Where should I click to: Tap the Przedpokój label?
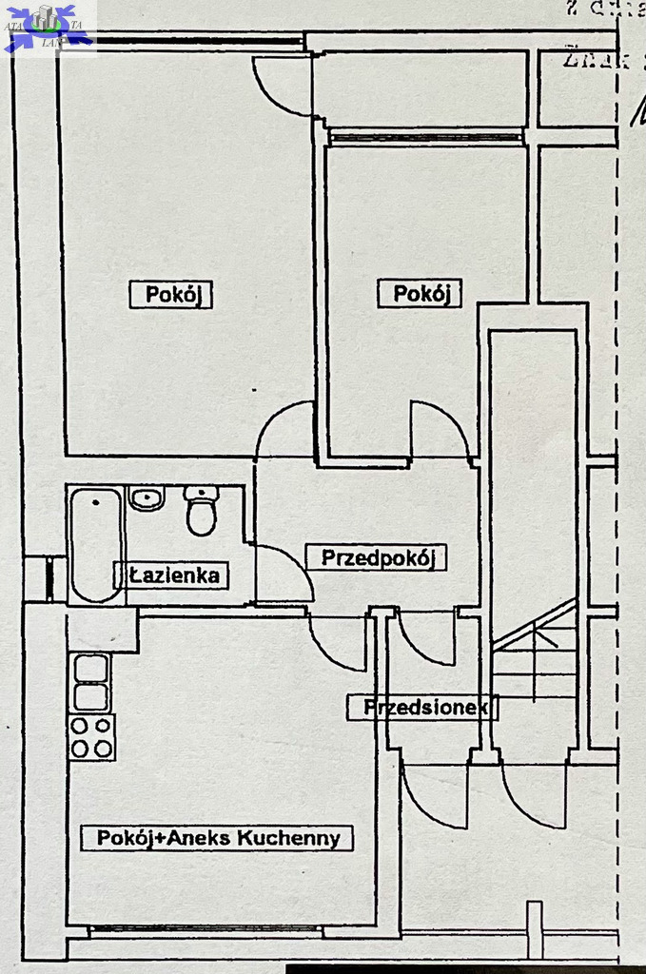[377, 557]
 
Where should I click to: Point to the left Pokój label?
[171, 295]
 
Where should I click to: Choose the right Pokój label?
[420, 294]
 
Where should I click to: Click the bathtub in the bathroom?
[95, 544]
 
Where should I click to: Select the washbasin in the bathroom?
[147, 498]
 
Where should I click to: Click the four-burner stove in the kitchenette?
[91, 736]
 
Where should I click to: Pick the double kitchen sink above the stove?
[91, 682]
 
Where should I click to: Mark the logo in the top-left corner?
[48, 27]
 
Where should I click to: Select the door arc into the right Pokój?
[440, 430]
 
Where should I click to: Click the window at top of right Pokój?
[425, 137]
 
